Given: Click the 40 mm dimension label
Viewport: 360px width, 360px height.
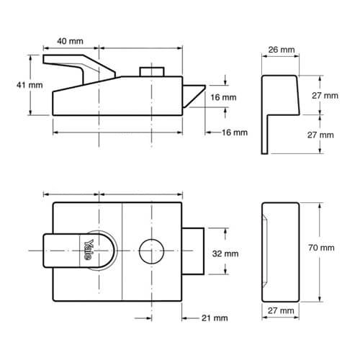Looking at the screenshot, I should (70, 42).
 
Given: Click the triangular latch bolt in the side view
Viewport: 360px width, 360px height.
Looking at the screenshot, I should (194, 94).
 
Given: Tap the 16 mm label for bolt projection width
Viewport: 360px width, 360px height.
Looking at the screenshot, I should (235, 132).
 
